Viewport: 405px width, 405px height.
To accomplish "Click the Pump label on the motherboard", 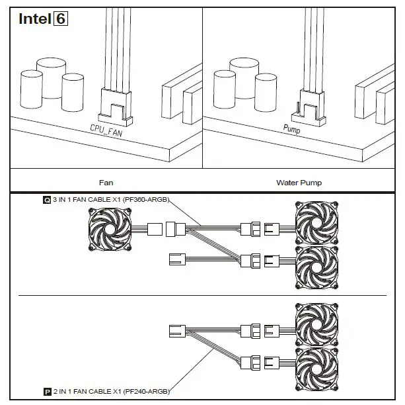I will (x=291, y=131).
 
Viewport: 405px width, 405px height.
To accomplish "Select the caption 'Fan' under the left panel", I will (x=106, y=181).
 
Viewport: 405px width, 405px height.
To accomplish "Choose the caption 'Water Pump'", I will (x=299, y=181).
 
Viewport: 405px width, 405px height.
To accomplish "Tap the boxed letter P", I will (x=47, y=392).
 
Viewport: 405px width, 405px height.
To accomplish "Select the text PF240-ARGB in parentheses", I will (x=144, y=392).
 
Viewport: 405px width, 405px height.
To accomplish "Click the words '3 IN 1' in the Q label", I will (x=62, y=199).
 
